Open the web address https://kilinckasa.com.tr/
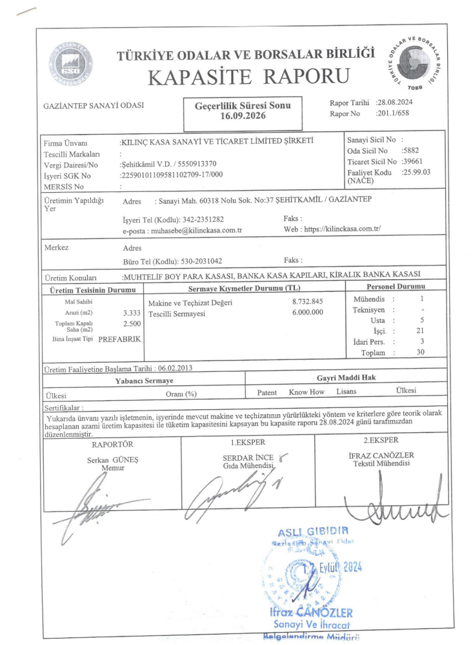[x=342, y=229]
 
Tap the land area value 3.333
[x=132, y=313]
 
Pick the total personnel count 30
[x=421, y=352]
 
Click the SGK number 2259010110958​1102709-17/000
[x=172, y=175]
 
